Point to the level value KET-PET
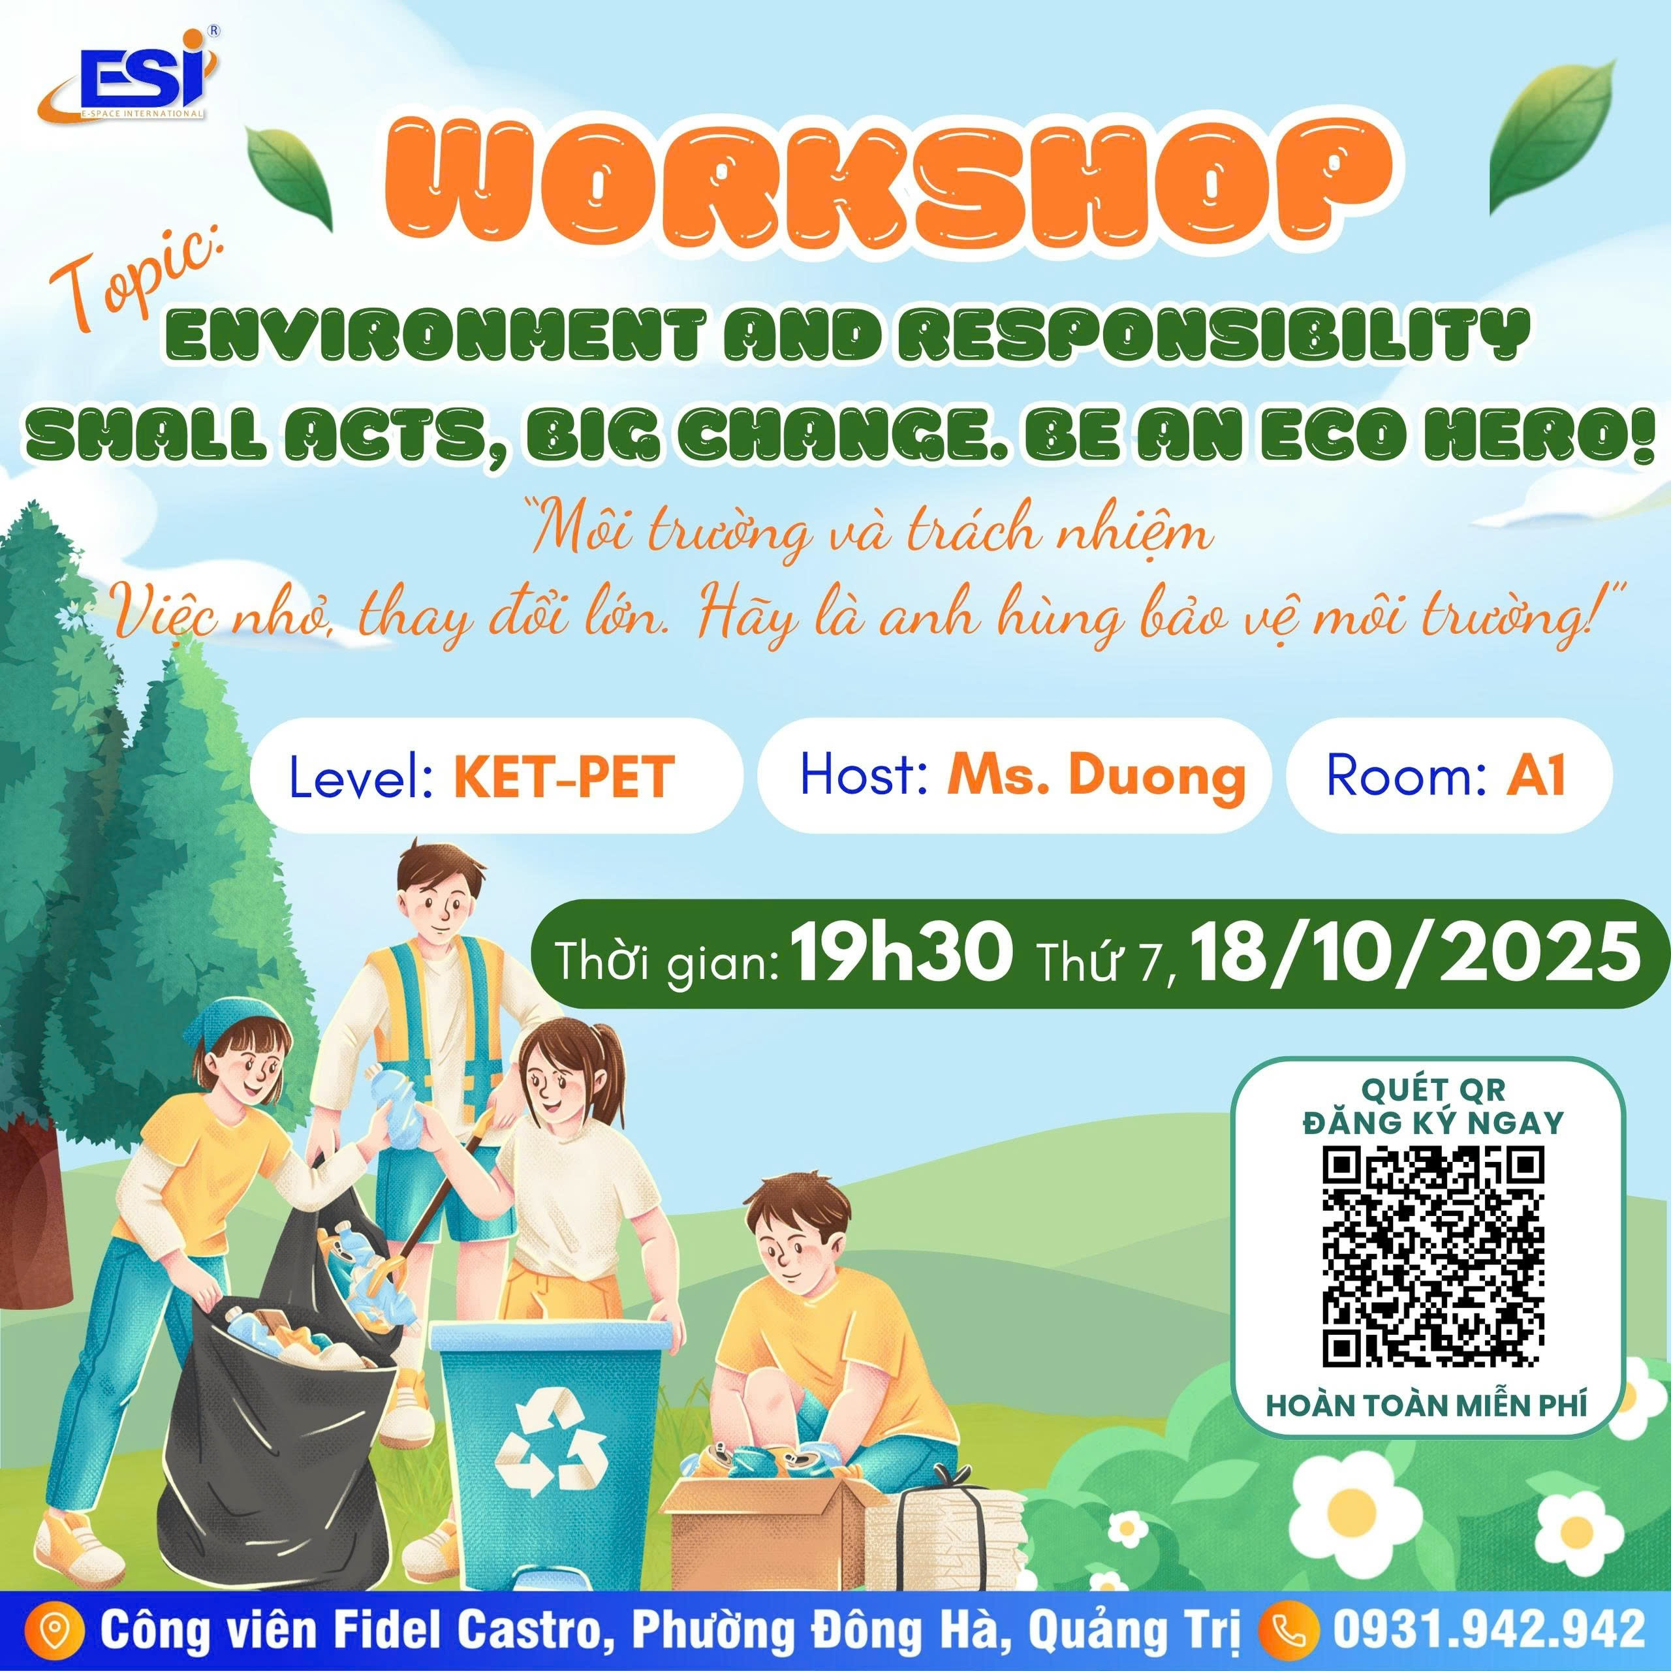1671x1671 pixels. pos(563,777)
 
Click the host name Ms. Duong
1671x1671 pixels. pos(1097,776)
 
